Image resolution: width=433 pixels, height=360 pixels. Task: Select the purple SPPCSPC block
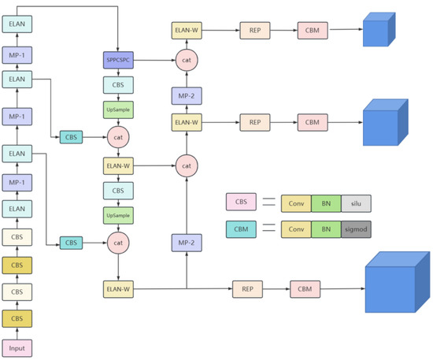pyautogui.click(x=117, y=59)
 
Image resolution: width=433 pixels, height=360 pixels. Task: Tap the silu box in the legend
pyautogui.click(x=356, y=202)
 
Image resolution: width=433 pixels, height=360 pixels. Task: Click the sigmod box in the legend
pyautogui.click(x=356, y=229)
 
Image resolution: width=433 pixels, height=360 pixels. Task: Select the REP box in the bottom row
pyautogui.click(x=246, y=289)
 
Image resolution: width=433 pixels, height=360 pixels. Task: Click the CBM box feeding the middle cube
pyautogui.click(x=311, y=122)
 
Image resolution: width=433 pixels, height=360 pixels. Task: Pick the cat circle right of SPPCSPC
pyautogui.click(x=187, y=59)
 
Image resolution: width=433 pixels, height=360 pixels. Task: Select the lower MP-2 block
pyautogui.click(x=187, y=243)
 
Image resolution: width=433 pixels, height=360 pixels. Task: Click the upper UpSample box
pyautogui.click(x=117, y=111)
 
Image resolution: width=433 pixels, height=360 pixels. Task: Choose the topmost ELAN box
pyautogui.click(x=17, y=24)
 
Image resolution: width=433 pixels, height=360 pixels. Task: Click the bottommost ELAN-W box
pyautogui.click(x=117, y=289)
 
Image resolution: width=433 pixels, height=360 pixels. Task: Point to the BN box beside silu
pyautogui.click(x=326, y=202)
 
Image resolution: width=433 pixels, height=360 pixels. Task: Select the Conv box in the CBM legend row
pyautogui.click(x=296, y=229)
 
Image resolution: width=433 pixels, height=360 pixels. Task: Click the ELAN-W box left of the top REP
pyautogui.click(x=187, y=32)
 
